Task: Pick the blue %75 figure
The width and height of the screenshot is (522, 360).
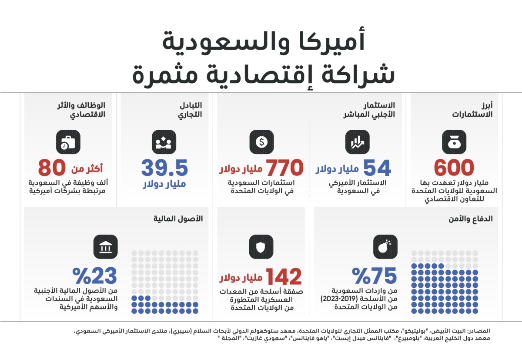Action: pos(375,276)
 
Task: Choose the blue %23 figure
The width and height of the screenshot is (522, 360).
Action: pos(95,276)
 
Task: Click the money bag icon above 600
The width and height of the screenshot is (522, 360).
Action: pos(454,142)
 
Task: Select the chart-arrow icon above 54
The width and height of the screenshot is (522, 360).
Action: pos(358,142)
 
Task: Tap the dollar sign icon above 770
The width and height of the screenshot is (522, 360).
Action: pos(261,142)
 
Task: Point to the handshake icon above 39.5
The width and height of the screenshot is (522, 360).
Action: pos(164,142)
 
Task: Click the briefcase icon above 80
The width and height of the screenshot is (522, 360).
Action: pos(68,142)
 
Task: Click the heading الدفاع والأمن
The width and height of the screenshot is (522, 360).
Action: pos(471,219)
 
